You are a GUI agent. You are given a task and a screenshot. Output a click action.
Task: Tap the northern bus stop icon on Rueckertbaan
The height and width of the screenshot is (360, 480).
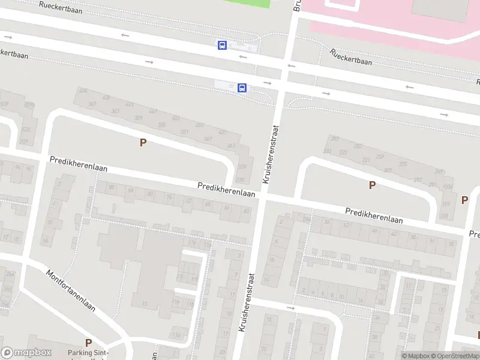coord(222,45)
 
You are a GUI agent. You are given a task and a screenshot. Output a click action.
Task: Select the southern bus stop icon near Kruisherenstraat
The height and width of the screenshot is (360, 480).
coord(242,88)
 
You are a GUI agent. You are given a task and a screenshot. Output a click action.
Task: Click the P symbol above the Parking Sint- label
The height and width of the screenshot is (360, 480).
coord(88,343)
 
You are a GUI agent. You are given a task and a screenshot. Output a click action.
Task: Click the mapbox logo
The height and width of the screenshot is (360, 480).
coord(26,353)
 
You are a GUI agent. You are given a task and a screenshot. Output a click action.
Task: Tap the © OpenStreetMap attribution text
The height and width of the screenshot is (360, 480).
coord(454,356)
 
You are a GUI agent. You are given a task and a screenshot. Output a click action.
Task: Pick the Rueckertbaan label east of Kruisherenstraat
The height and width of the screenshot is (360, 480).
coord(350,56)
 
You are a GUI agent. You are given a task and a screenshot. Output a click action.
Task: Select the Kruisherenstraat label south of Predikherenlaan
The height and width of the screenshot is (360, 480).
coord(247,303)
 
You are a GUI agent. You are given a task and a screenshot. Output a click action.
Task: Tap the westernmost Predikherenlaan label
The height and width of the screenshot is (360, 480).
coord(79,164)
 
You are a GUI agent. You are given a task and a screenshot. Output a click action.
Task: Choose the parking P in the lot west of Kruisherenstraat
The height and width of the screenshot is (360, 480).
coord(143,143)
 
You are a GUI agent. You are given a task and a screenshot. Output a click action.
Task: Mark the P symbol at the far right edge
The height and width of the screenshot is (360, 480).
coord(464,200)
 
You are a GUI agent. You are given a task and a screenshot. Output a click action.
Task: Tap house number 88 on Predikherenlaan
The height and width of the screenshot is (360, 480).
coord(112,188)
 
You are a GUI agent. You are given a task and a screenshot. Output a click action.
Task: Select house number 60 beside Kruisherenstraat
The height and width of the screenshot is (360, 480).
coord(245,211)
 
